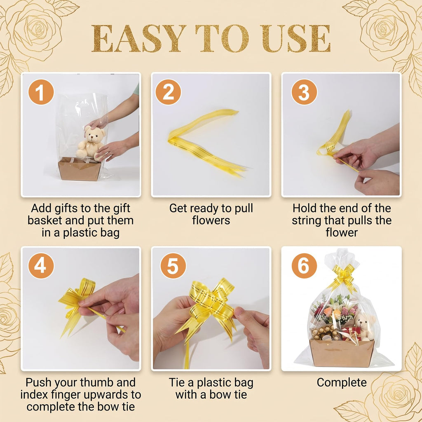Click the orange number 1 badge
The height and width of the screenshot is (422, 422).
click(x=41, y=92)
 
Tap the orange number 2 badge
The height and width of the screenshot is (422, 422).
click(x=168, y=92)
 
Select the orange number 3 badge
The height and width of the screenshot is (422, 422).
click(x=304, y=92)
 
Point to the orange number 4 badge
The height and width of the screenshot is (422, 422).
click(x=41, y=266)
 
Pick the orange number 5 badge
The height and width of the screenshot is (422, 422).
click(x=173, y=266)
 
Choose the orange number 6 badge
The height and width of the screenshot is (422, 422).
click(x=304, y=266)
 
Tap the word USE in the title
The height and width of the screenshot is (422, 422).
click(x=295, y=38)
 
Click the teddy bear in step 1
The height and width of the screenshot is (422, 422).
click(x=91, y=143)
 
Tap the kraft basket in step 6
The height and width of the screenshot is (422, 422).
click(x=342, y=353)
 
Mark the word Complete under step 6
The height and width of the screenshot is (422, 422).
click(x=342, y=382)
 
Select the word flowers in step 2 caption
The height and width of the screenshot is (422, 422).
click(x=211, y=220)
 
